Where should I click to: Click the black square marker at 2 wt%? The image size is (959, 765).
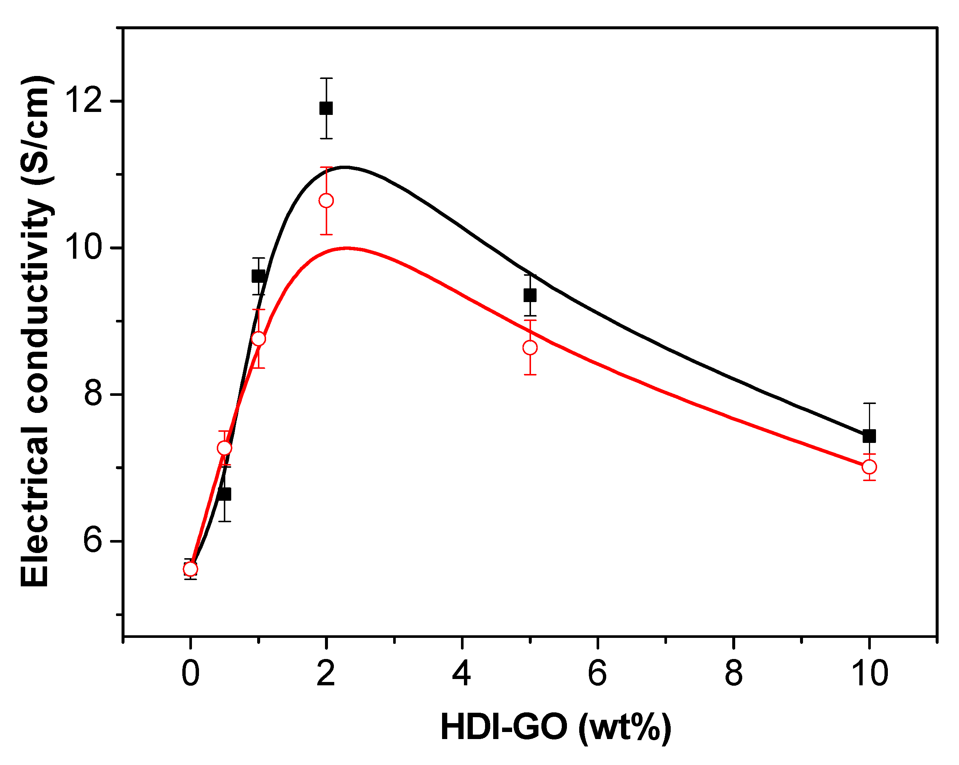pos(326,108)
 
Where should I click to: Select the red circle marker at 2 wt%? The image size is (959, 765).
pos(326,201)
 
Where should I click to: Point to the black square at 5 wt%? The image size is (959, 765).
pos(530,295)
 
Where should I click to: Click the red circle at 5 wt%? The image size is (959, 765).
pos(530,348)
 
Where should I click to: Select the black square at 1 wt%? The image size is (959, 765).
pos(258,276)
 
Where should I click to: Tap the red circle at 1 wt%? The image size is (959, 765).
pos(258,339)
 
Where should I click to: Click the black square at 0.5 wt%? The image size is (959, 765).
pos(225,494)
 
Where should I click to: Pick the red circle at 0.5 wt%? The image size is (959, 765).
pos(225,448)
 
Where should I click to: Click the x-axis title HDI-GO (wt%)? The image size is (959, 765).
pos(556,727)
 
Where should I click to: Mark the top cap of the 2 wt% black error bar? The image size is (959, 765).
pos(326,78)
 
